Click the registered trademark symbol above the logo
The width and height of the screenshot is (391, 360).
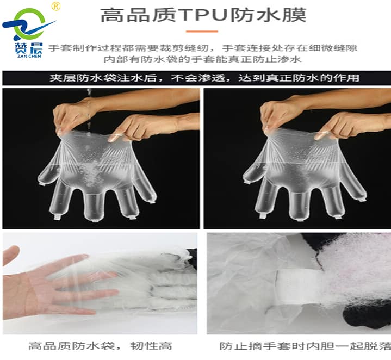pos(56,6)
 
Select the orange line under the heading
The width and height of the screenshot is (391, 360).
pos(202,32)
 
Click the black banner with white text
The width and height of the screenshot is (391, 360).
pos(196,78)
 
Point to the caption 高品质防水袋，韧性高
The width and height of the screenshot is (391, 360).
pos(100,346)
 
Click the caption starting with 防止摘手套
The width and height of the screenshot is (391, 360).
pos(305,346)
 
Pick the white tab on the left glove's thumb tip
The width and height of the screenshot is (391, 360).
pos(42,184)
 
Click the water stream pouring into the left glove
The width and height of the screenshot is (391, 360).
pos(89,110)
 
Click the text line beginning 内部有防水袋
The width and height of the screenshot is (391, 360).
pos(202,60)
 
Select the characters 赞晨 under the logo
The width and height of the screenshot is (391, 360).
pos(29,48)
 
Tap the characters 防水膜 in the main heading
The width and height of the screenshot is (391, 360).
pos(268,15)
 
